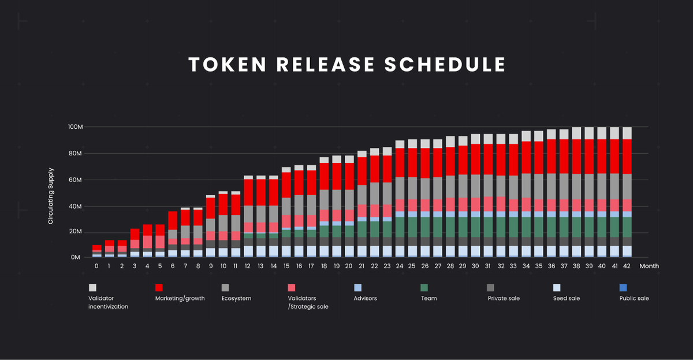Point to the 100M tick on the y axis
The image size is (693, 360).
pos(76,127)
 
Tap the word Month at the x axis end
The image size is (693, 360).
pos(649,266)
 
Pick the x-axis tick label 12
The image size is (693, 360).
pos(248,266)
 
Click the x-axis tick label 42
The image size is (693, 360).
pos(627,266)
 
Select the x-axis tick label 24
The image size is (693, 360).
pos(400,266)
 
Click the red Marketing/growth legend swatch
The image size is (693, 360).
pos(159,287)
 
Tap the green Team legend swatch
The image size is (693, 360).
pos(424,287)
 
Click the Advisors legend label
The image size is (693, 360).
pos(365,298)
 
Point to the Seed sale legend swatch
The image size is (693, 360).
pos(557,287)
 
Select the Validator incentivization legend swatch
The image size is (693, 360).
pos(92,287)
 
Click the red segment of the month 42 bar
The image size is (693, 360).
pos(627,156)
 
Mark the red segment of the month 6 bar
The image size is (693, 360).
pos(173,221)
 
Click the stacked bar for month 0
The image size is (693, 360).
pos(97,251)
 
